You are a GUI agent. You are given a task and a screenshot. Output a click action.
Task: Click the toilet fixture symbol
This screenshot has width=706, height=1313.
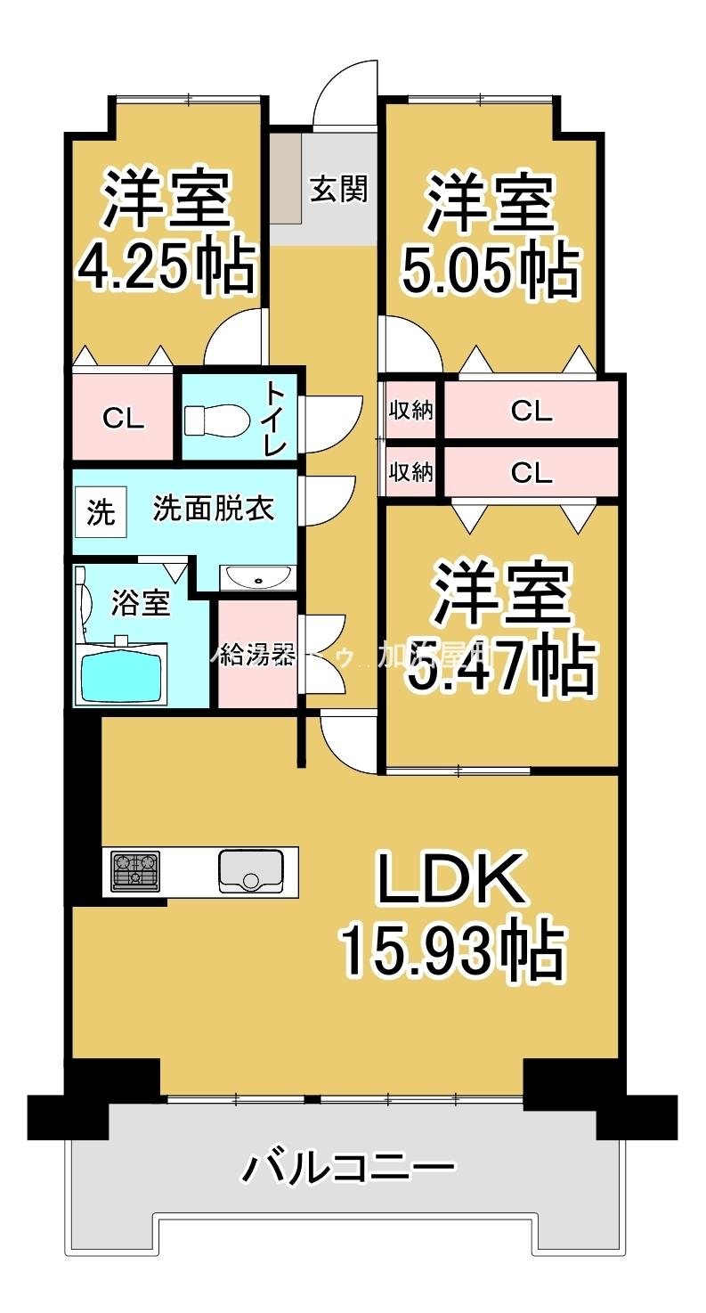coord(216,419)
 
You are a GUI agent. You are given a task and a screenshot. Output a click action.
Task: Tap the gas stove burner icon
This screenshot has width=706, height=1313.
coord(135,871)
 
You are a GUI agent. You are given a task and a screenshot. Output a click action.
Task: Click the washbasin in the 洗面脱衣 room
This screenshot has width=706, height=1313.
coord(257,579)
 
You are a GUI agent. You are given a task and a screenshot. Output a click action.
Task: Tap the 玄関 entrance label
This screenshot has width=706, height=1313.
coord(338,189)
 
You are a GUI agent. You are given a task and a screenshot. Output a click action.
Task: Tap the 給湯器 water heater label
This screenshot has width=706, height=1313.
coord(256,656)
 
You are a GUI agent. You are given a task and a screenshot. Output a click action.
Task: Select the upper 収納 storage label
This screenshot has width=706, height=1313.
coord(411,411)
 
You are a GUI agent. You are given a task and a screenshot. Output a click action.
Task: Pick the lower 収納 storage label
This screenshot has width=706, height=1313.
coord(411,471)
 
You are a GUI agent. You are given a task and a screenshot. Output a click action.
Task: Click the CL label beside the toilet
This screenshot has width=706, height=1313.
coord(123,418)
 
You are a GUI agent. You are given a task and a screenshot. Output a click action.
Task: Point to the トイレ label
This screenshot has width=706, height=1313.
coord(273,419)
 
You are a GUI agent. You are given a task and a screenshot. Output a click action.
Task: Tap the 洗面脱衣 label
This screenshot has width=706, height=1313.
coord(213,509)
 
